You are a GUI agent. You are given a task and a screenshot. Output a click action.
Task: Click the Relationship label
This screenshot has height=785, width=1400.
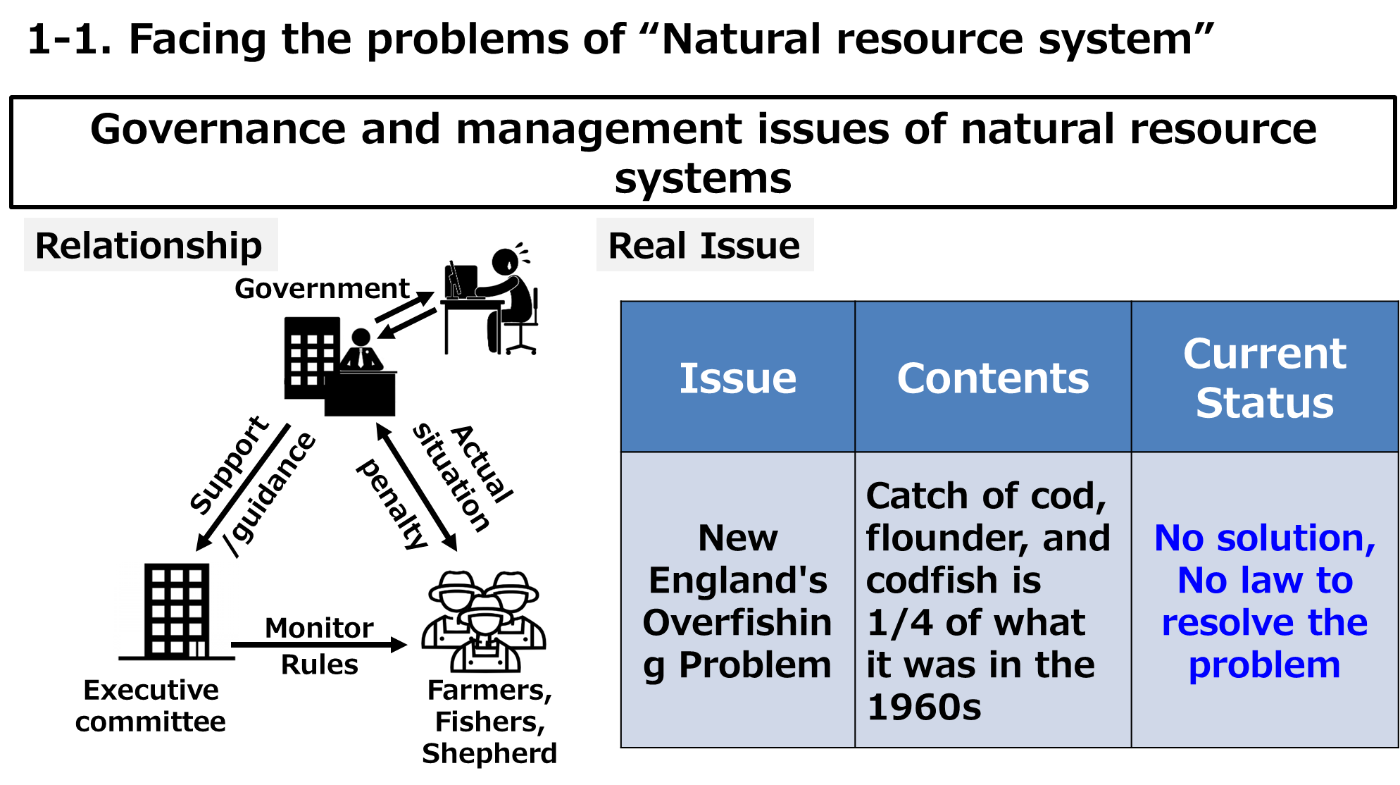[x=150, y=245]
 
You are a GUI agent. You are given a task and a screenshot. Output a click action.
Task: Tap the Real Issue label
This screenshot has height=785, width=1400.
[x=704, y=245]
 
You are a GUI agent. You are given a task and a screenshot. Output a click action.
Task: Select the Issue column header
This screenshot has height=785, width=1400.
[x=737, y=378]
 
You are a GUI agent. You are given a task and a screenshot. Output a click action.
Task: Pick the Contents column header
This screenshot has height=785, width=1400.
[x=992, y=378]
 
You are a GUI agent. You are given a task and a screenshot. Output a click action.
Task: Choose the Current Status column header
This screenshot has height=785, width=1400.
[x=1264, y=378]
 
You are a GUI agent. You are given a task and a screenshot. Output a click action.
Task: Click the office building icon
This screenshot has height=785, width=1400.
[x=313, y=358]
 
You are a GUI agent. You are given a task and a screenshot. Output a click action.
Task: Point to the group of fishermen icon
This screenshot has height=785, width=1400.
[x=484, y=620]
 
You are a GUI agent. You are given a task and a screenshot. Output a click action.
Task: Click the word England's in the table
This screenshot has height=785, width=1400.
[x=737, y=580]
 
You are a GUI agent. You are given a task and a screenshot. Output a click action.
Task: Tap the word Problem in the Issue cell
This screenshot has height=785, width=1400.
[x=755, y=665]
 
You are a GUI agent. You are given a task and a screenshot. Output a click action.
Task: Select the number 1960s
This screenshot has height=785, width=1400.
[x=923, y=707]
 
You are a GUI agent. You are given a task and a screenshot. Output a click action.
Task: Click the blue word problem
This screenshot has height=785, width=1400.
[x=1264, y=665]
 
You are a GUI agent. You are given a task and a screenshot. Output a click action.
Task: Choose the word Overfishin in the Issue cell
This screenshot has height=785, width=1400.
[x=737, y=622]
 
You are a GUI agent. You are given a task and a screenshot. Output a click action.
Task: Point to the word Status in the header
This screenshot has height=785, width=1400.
[x=1264, y=402]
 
